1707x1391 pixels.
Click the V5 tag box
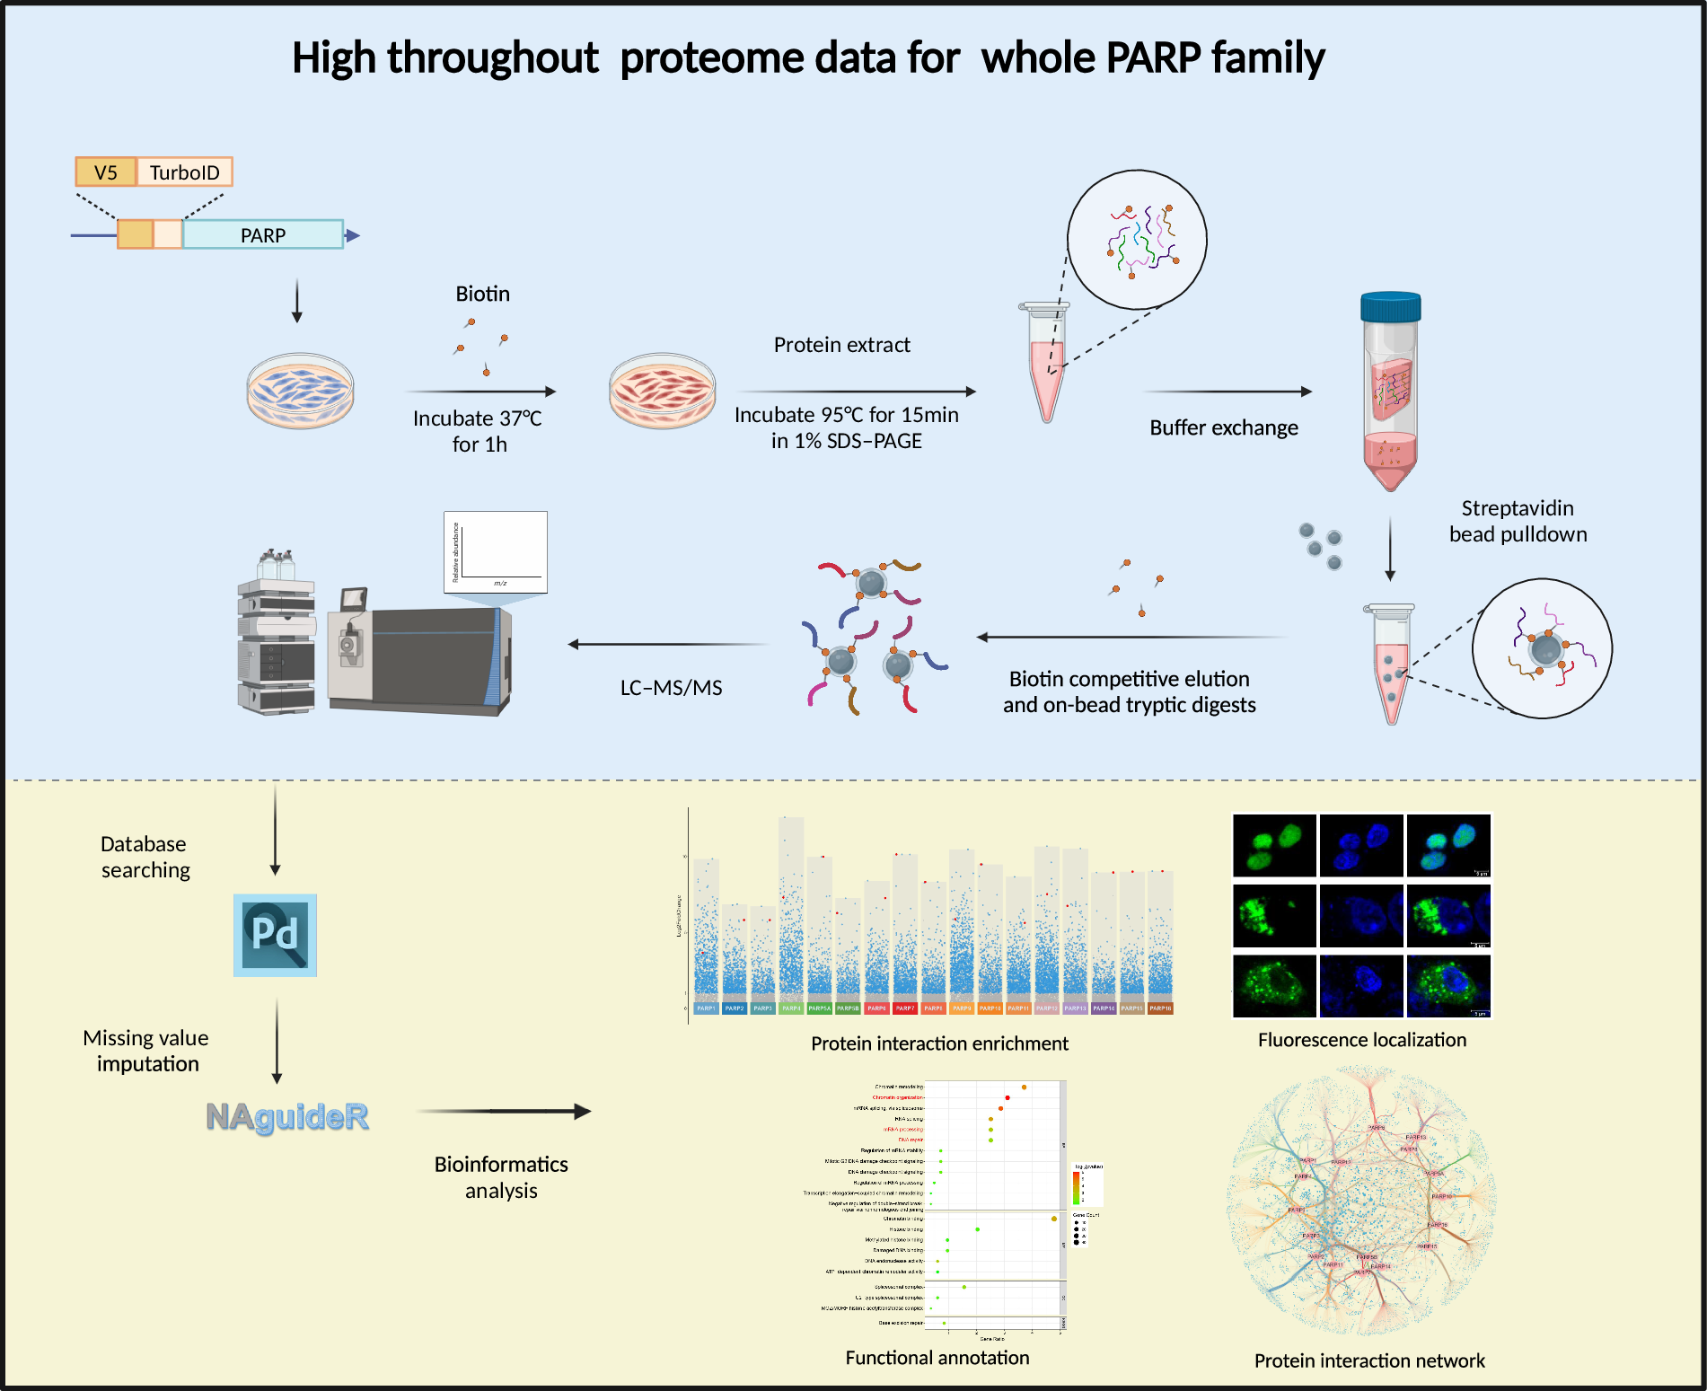(x=106, y=172)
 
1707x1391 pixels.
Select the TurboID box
(x=184, y=172)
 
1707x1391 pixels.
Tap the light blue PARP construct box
(x=262, y=235)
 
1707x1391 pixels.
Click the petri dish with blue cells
(x=300, y=390)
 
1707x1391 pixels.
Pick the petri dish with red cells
(x=663, y=390)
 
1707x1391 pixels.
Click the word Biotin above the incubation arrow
(x=482, y=294)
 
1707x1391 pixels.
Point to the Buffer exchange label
(x=1223, y=427)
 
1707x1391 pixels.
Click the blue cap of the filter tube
(x=1390, y=307)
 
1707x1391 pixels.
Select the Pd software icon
(x=275, y=935)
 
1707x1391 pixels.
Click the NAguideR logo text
(x=287, y=1116)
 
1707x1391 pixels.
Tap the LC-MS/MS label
(x=671, y=688)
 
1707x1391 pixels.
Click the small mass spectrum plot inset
(x=496, y=551)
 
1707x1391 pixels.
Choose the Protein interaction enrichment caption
(x=939, y=1043)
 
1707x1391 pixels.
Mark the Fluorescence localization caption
(x=1361, y=1040)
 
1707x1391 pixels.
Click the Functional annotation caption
(x=937, y=1358)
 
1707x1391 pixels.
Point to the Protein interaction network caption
(x=1369, y=1360)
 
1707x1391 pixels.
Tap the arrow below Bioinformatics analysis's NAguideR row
(x=503, y=1112)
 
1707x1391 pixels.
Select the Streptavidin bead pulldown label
(x=1518, y=521)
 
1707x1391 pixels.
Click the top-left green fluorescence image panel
(x=1274, y=845)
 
